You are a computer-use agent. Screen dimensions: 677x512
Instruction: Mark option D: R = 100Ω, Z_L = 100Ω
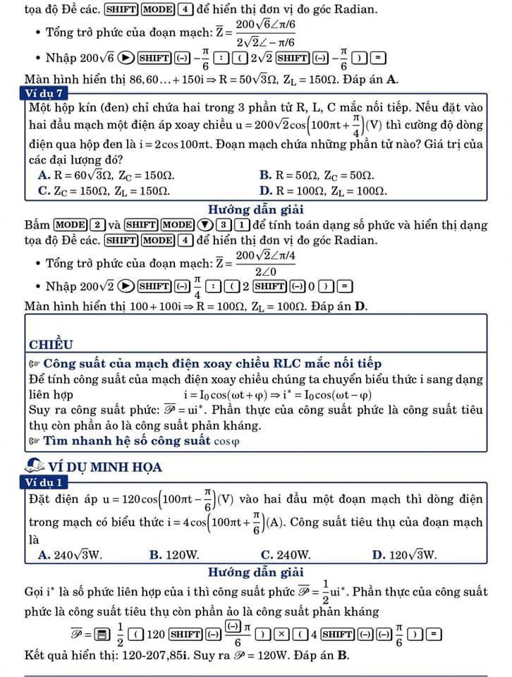[322, 190]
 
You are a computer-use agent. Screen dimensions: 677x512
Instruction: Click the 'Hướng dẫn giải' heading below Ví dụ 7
[256, 209]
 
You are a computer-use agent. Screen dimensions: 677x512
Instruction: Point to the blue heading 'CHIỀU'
[51, 344]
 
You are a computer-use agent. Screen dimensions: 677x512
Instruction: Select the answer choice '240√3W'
[70, 554]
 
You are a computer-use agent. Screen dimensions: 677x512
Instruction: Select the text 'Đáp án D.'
[339, 307]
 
